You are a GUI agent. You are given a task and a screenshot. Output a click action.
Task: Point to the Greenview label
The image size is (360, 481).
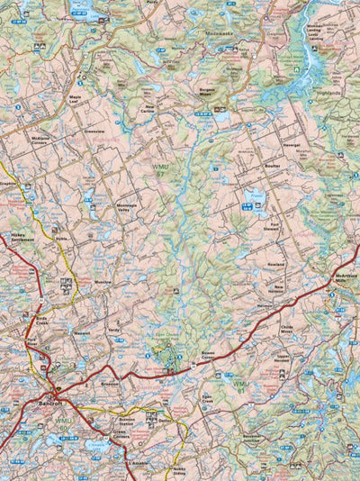[x=94, y=132]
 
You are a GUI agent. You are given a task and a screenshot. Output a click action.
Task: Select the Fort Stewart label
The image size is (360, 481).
[x=271, y=228]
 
